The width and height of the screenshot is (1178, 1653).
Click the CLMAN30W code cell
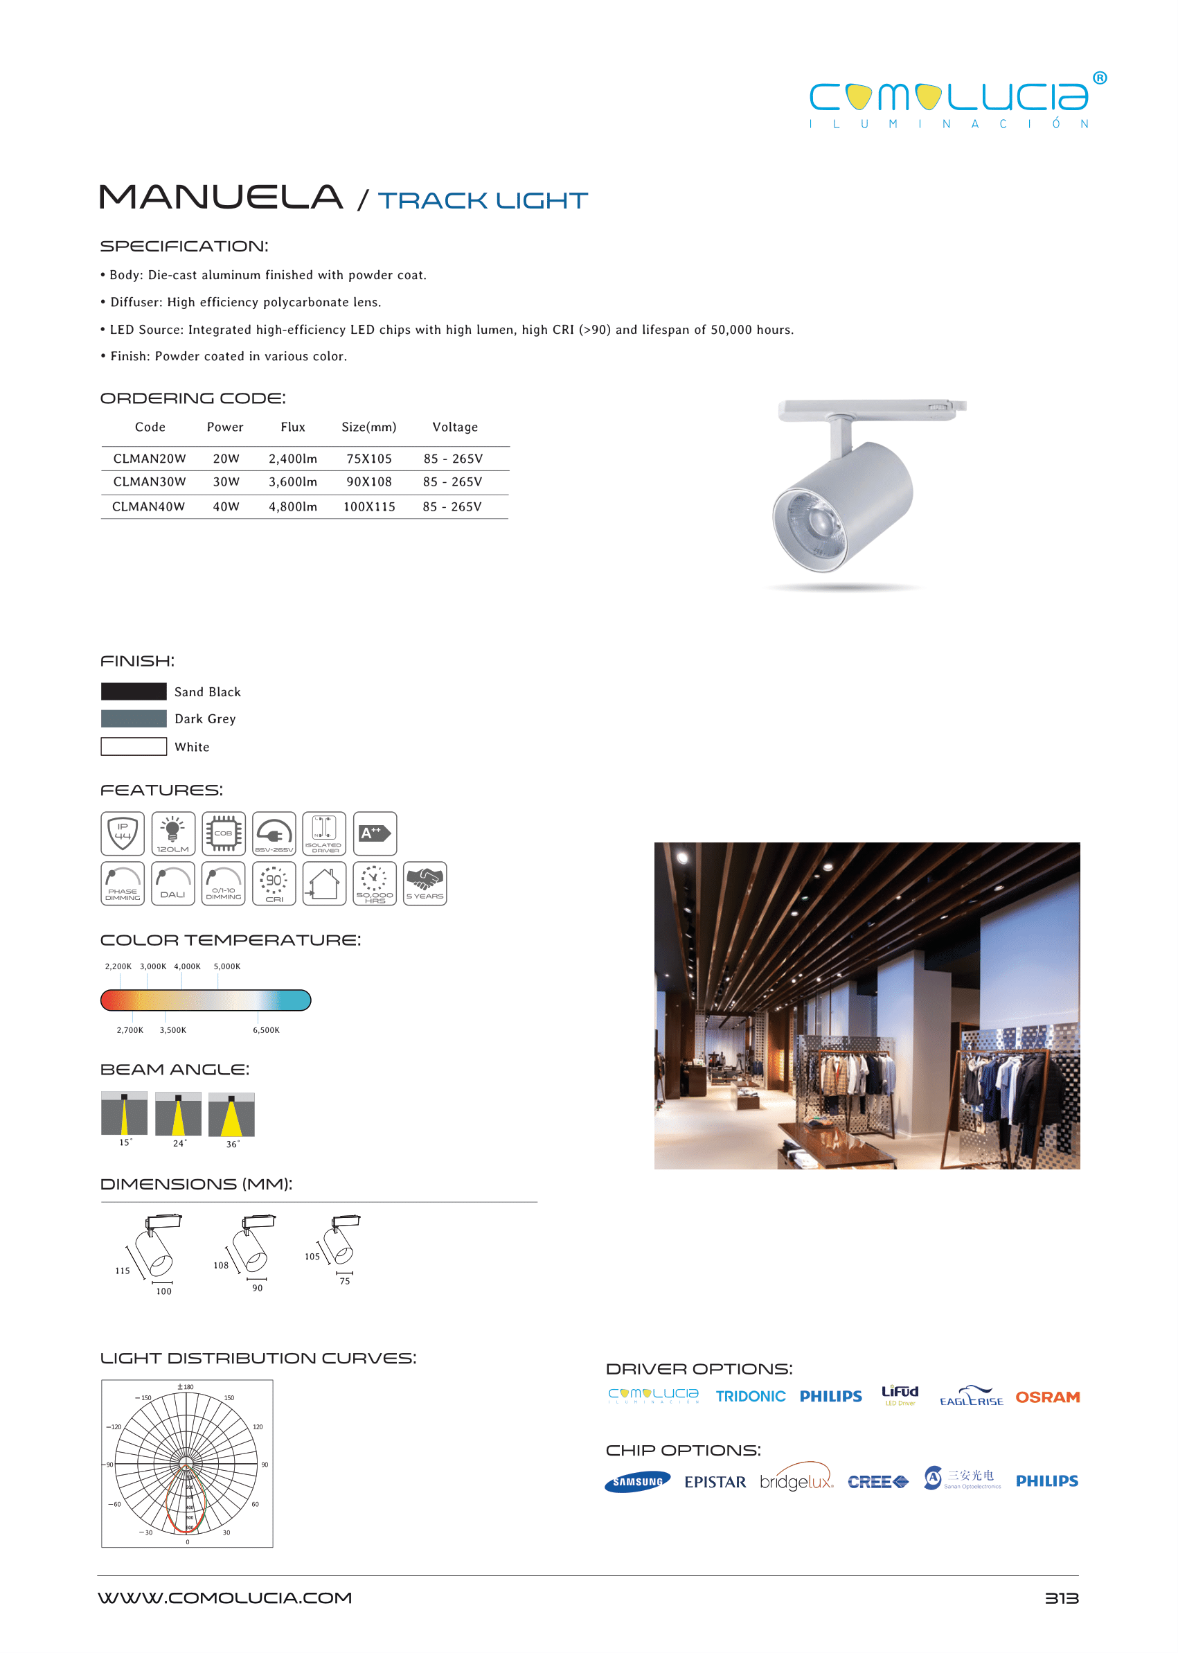pyautogui.click(x=150, y=481)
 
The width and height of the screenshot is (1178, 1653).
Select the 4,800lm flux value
pyautogui.click(x=293, y=506)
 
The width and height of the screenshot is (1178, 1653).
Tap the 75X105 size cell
pyautogui.click(x=368, y=459)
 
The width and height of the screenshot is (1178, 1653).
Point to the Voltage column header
pyautogui.click(x=455, y=427)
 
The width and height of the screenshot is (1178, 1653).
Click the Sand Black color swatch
pyautogui.click(x=134, y=691)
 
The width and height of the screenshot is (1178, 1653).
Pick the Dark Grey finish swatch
pyautogui.click(x=134, y=718)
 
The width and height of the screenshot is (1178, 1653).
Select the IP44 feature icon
pyautogui.click(x=123, y=833)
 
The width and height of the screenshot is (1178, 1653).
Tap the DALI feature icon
pyautogui.click(x=172, y=883)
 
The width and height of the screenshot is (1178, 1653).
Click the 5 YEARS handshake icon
pyautogui.click(x=425, y=883)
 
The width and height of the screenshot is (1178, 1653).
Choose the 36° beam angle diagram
pyautogui.click(x=231, y=1115)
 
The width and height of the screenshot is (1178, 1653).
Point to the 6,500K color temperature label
pyautogui.click(x=266, y=1030)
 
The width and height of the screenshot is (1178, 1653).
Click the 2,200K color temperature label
pyautogui.click(x=118, y=966)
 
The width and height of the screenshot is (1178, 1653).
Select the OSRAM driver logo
pyautogui.click(x=1046, y=1397)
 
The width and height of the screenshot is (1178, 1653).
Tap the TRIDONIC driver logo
pyautogui.click(x=750, y=1397)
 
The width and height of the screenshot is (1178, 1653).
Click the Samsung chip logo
pyautogui.click(x=637, y=1482)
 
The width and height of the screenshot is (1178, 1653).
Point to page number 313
pyautogui.click(x=1061, y=1598)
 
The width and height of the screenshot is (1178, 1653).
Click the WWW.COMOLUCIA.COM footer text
pyautogui.click(x=225, y=1598)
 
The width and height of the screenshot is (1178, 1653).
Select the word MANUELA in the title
pyautogui.click(x=220, y=197)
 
